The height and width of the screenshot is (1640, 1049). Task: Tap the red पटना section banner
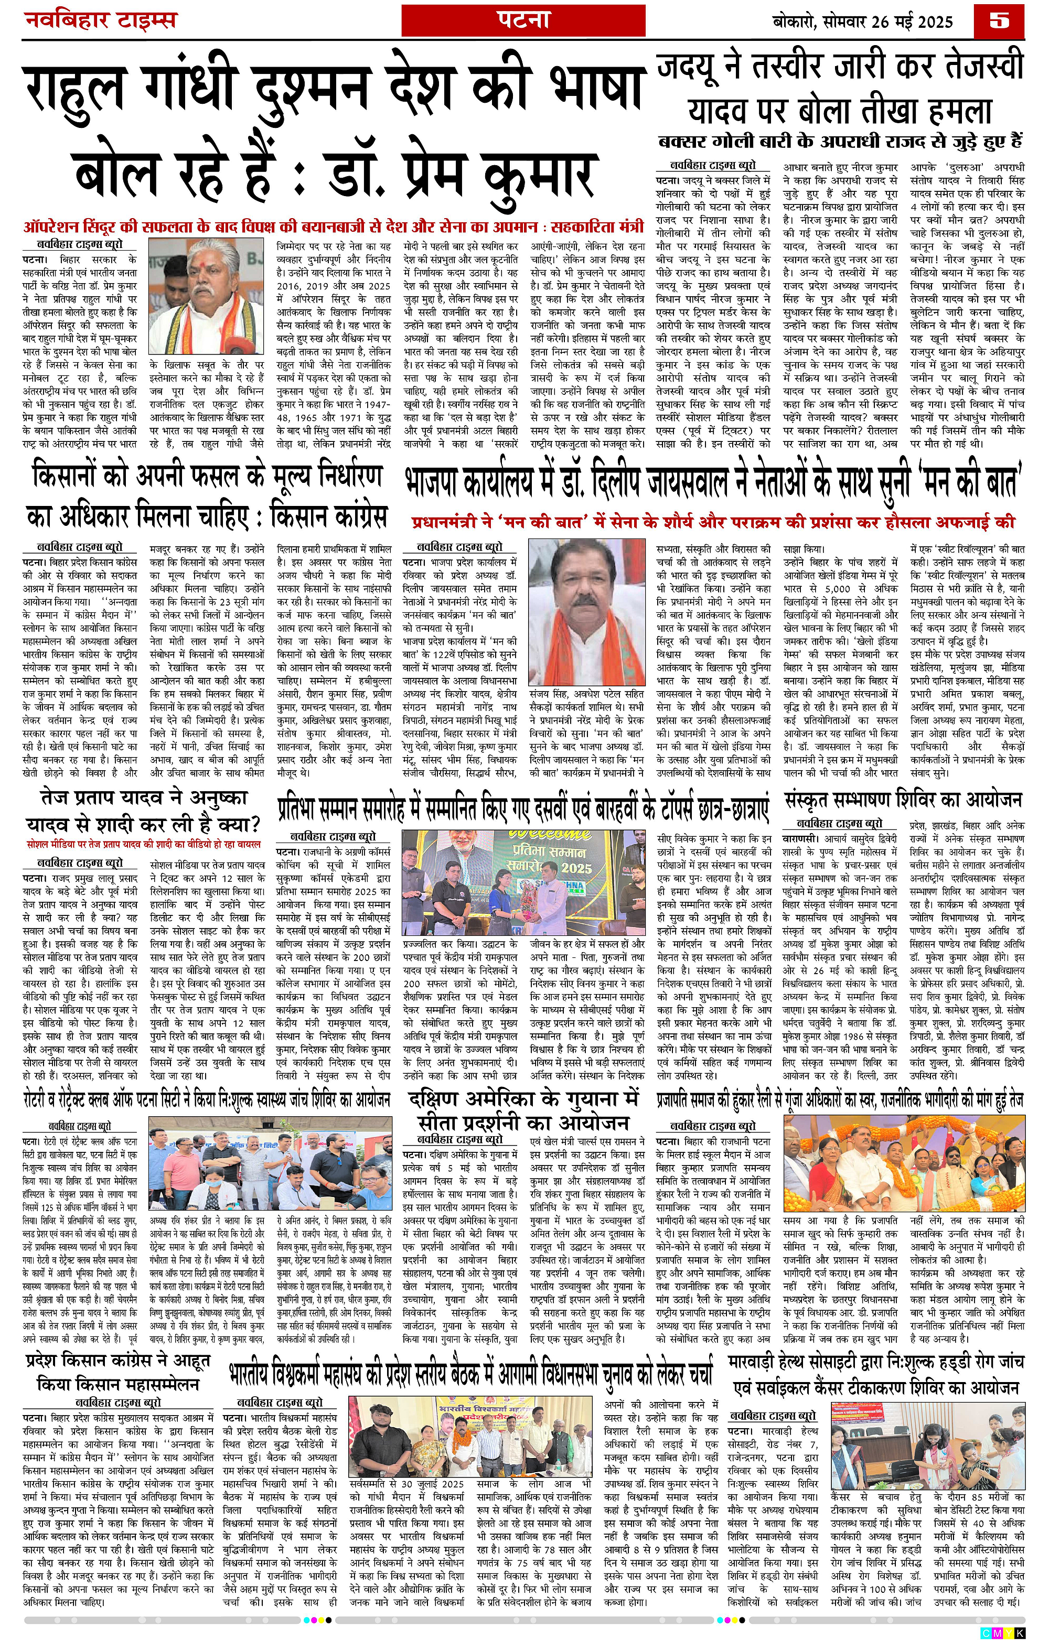click(522, 20)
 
